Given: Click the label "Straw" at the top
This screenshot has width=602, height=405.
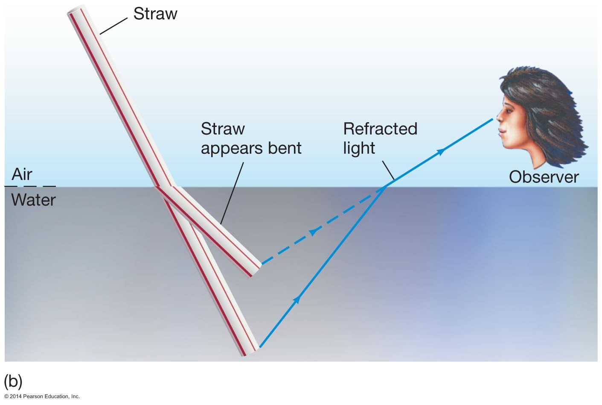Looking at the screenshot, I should tap(155, 14).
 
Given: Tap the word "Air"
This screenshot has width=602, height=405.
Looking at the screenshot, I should tap(22, 174).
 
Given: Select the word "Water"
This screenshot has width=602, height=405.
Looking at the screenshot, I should tap(34, 200).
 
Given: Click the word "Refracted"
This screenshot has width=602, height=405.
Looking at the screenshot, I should tap(380, 129).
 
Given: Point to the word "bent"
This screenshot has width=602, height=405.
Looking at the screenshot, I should tap(284, 148).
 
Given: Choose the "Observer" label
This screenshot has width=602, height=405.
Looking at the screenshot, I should tap(544, 177).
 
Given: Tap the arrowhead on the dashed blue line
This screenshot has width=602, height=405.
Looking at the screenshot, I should tap(314, 232).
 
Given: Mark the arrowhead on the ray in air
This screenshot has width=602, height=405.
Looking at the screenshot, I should tap(441, 151).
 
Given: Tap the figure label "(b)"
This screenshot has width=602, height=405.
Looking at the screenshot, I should tap(13, 381).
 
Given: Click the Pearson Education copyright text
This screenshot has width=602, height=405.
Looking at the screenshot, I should tap(42, 396).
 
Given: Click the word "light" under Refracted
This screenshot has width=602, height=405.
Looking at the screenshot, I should tap(359, 148).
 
